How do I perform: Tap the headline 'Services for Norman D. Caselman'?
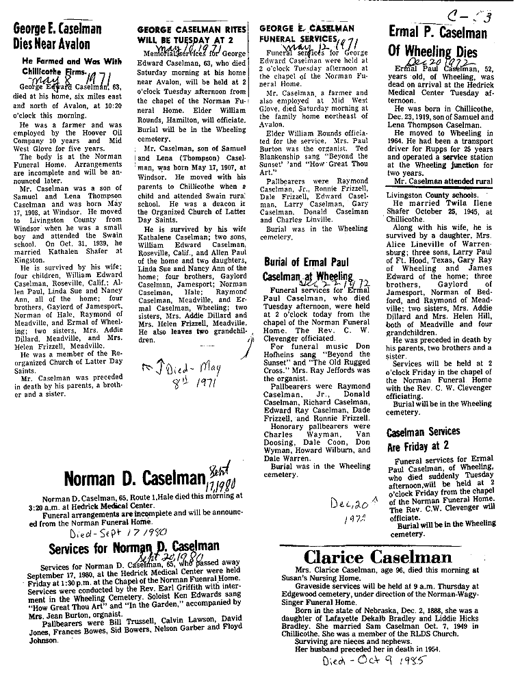(x=134, y=547)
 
